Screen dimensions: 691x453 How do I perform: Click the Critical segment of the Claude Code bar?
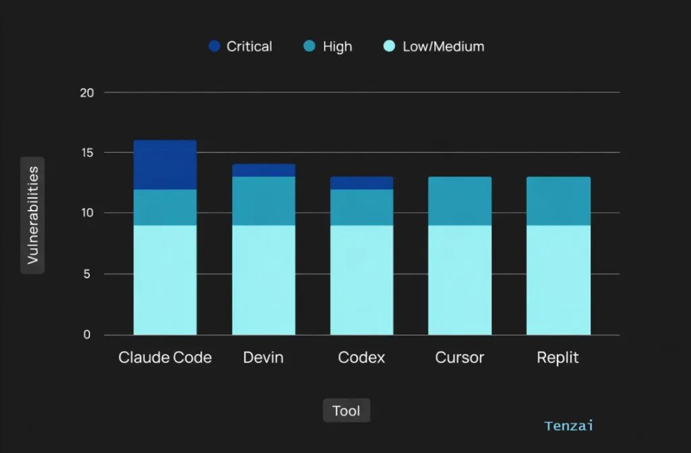click(165, 165)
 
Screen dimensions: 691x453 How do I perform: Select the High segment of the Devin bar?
click(264, 201)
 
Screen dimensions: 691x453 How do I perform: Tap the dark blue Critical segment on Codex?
click(362, 183)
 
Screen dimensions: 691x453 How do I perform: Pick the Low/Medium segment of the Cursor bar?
click(460, 280)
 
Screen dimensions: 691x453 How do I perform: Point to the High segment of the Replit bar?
click(558, 201)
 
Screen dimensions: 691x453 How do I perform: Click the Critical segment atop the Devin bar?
click(264, 171)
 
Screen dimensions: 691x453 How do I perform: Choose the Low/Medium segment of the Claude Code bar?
click(165, 280)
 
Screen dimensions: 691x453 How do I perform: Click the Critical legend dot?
click(214, 46)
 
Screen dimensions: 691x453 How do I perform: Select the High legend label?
click(337, 47)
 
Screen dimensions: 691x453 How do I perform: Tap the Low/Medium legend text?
click(443, 47)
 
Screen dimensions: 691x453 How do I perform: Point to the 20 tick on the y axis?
click(87, 92)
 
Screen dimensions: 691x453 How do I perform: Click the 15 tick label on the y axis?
click(87, 153)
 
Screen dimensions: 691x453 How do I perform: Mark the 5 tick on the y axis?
click(87, 274)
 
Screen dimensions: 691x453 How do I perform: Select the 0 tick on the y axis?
click(87, 334)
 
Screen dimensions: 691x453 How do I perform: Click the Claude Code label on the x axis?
click(165, 357)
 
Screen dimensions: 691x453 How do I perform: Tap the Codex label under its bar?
click(362, 357)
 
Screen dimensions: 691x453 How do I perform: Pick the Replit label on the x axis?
click(557, 357)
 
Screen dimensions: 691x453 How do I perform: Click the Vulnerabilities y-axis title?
click(32, 215)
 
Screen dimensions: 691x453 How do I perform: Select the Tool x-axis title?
click(346, 410)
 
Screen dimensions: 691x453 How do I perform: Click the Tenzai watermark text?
click(569, 425)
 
